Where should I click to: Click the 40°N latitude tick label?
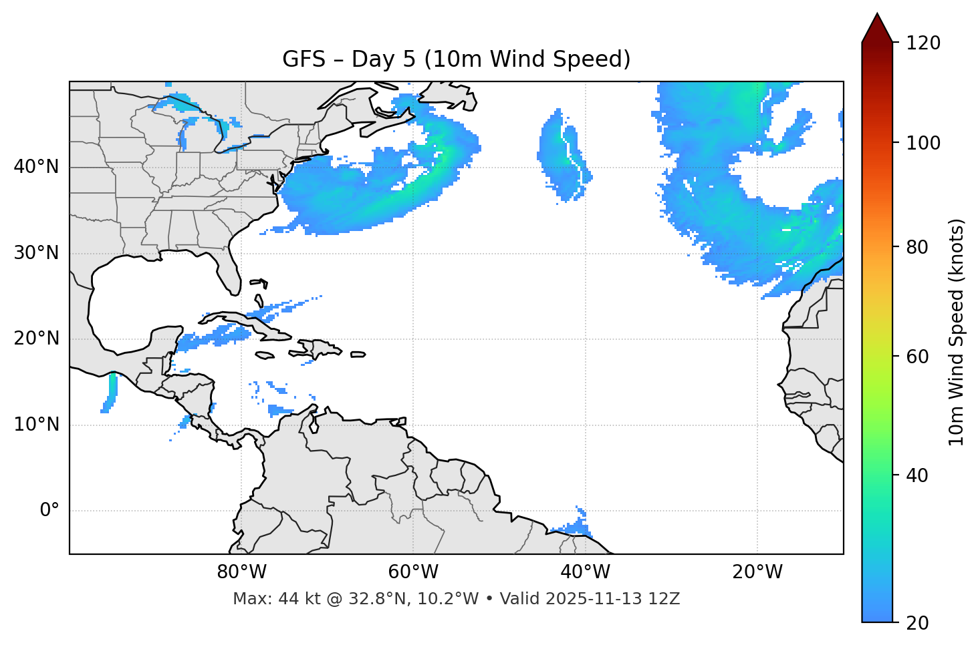click(36, 167)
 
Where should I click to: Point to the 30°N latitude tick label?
click(36, 253)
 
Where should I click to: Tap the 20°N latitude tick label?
click(36, 339)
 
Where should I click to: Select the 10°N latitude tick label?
click(36, 425)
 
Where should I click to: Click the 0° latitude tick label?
click(49, 511)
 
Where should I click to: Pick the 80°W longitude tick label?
click(241, 572)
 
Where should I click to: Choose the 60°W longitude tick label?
click(413, 572)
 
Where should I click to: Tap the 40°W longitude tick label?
click(585, 572)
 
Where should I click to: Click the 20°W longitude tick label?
click(757, 572)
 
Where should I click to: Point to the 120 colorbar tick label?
click(923, 43)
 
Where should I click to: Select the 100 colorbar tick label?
click(923, 143)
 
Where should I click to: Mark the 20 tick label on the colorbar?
click(917, 623)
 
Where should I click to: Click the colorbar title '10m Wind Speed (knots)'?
click(957, 332)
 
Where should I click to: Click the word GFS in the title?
click(303, 59)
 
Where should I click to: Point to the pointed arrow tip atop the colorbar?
click(877, 15)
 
